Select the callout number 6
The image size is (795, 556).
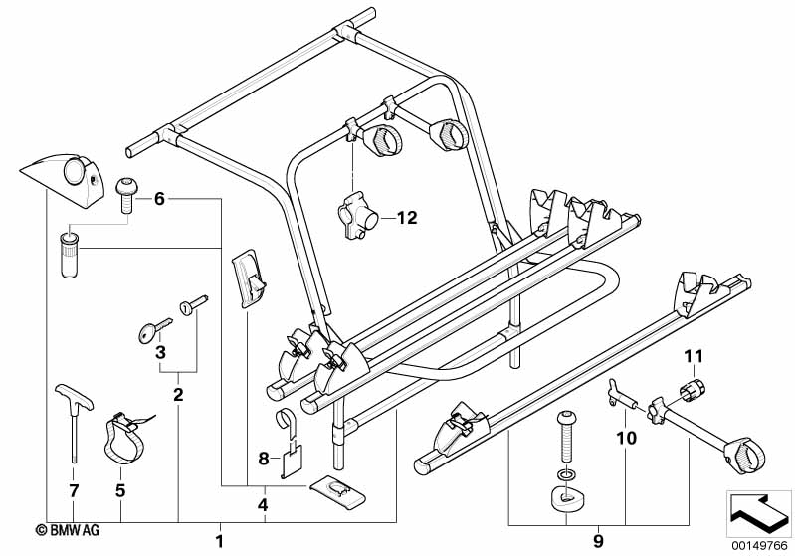pos(158,199)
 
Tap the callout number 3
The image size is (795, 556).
pos(158,351)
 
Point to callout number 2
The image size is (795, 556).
pos(179,396)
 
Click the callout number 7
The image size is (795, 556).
pos(120,489)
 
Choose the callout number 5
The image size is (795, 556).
pos(120,489)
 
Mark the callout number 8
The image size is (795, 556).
pos(263,459)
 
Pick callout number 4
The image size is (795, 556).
pos(263,506)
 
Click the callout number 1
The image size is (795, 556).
pos(220,541)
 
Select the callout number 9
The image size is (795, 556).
pos(598,541)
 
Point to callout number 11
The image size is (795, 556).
pos(693,355)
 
